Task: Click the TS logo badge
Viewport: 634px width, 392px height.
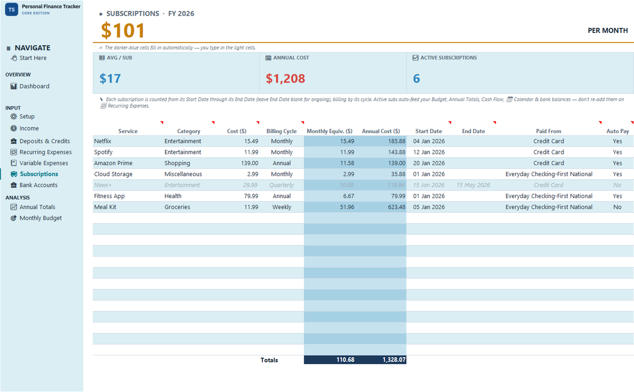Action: coord(11,9)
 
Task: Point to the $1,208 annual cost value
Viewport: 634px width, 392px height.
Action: coord(285,78)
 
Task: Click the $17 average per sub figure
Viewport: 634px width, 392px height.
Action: coord(110,78)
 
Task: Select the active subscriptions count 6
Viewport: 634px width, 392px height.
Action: coord(416,78)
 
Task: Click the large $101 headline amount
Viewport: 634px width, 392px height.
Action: coord(123,30)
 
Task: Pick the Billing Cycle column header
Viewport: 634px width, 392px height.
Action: coord(281,131)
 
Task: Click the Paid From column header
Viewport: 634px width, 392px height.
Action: coord(548,131)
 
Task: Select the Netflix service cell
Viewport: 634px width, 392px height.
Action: coord(103,141)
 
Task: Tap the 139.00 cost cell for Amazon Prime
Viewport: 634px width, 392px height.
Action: coord(250,163)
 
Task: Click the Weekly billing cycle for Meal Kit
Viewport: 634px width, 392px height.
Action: coord(282,207)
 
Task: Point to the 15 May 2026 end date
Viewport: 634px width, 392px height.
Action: coord(473,185)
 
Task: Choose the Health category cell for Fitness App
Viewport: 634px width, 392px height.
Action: coord(173,196)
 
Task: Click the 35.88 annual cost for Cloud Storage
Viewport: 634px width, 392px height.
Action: coord(398,174)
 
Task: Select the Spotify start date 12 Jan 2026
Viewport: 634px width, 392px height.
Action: coord(429,152)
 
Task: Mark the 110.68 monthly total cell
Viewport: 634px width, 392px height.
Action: coord(345,359)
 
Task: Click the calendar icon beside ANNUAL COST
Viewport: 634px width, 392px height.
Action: coord(268,58)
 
